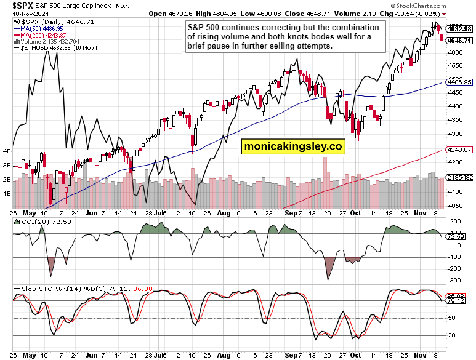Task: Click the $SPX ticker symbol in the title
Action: (15, 5)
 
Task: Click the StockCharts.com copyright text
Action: (446, 5)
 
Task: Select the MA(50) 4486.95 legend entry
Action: (41, 28)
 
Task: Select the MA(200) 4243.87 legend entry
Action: (43, 35)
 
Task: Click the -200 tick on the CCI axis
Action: (455, 269)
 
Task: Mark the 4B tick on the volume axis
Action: (7, 151)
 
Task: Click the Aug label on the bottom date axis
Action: (224, 355)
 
